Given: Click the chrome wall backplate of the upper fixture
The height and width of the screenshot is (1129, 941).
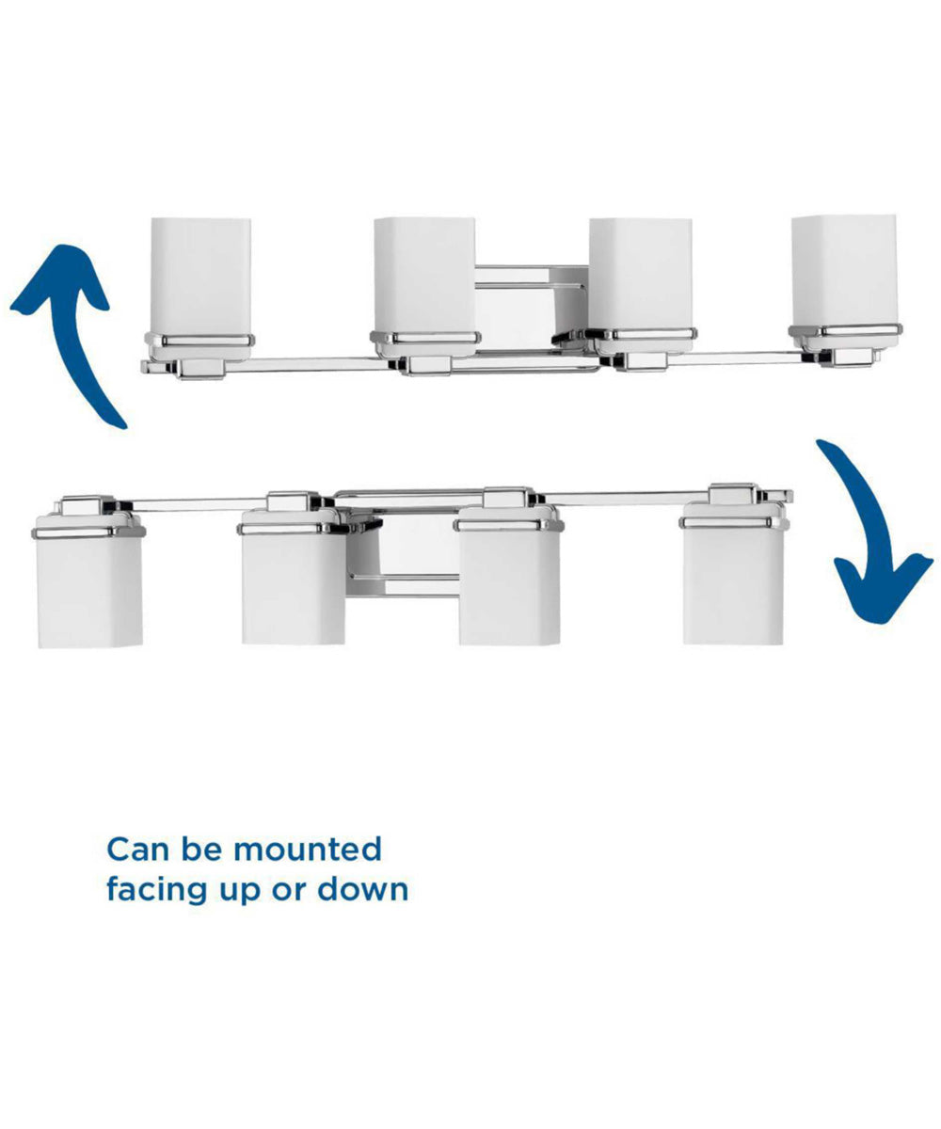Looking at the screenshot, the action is (x=532, y=310).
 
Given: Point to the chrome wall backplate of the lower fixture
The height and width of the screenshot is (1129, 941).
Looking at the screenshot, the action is (x=403, y=551).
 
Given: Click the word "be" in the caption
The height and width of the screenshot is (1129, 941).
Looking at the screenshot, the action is (x=201, y=850).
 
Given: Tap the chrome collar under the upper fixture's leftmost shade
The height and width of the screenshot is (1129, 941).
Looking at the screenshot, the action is (x=199, y=341).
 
